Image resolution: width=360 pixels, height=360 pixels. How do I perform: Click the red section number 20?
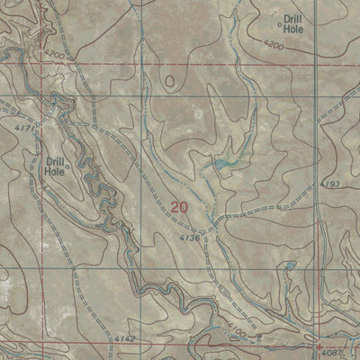click(179, 207)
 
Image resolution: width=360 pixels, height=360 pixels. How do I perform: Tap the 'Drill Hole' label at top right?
click(294, 22)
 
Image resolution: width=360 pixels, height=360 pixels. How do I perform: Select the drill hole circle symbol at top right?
click(279, 27)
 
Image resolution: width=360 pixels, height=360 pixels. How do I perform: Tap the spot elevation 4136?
click(188, 238)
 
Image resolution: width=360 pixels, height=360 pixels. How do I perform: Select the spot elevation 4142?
click(125, 338)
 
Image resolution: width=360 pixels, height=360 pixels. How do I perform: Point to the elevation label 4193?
click(330, 184)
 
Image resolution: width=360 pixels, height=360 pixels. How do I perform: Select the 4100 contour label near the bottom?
click(236, 332)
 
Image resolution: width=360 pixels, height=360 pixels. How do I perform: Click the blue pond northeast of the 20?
click(220, 164)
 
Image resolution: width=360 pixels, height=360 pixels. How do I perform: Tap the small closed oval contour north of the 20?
click(170, 81)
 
